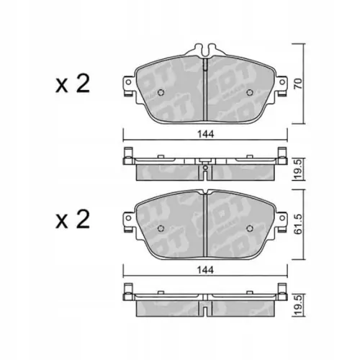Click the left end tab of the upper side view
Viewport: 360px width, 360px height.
(127, 155)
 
